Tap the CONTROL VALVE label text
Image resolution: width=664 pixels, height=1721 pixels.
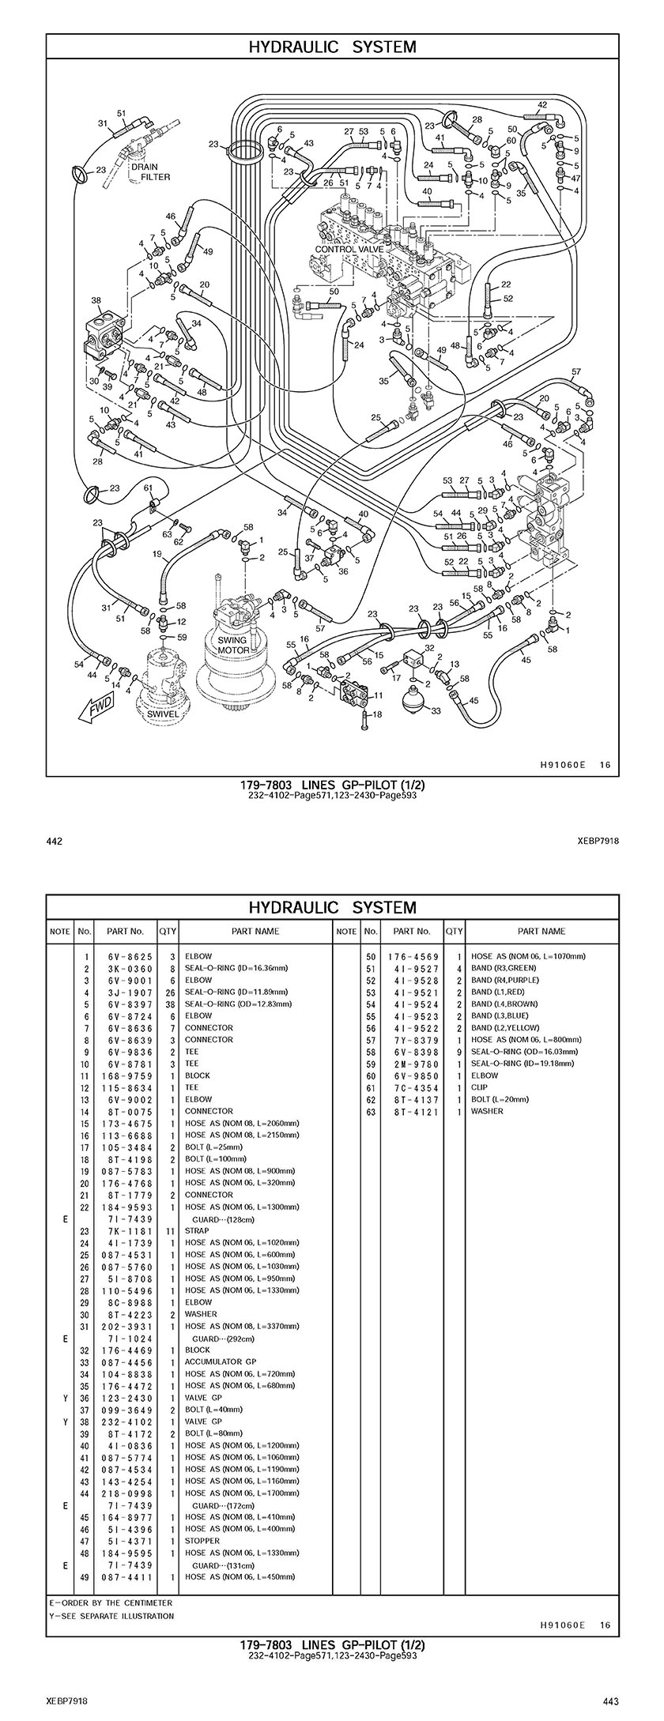pyautogui.click(x=349, y=249)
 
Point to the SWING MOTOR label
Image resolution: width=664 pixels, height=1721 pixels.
pyautogui.click(x=232, y=645)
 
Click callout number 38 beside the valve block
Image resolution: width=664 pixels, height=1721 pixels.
pyautogui.click(x=96, y=300)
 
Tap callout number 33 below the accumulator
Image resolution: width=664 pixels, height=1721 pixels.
pyautogui.click(x=436, y=710)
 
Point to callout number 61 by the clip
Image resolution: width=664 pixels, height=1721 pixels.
pyautogui.click(x=148, y=488)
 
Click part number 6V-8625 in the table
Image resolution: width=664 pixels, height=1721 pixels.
pyautogui.click(x=130, y=956)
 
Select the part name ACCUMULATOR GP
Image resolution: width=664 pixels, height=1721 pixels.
pyautogui.click(x=221, y=1361)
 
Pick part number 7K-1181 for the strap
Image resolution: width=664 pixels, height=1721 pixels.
pyautogui.click(x=130, y=1230)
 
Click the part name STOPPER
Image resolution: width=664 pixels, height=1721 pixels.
pyautogui.click(x=202, y=1540)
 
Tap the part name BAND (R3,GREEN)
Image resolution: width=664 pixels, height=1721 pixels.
pyautogui.click(x=504, y=968)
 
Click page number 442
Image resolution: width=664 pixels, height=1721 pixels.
pyautogui.click(x=55, y=841)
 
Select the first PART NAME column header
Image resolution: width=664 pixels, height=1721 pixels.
pyautogui.click(x=255, y=931)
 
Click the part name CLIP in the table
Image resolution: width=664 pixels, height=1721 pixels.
pyautogui.click(x=479, y=1087)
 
